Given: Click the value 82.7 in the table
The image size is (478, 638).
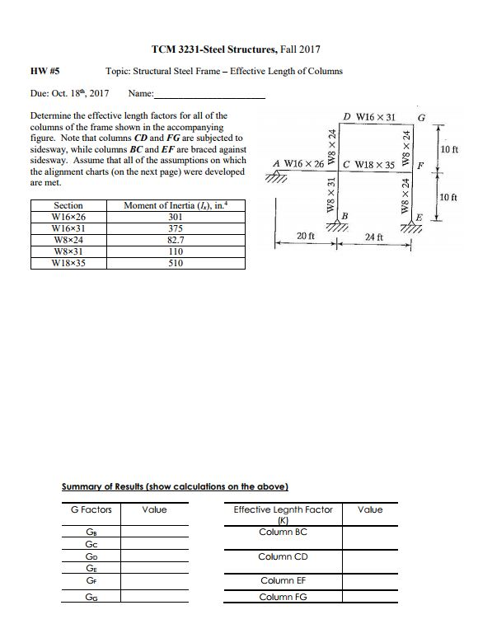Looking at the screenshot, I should tap(175, 241).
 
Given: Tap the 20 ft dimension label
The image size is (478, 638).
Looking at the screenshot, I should tap(305, 236).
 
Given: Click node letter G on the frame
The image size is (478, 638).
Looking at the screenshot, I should tap(422, 117).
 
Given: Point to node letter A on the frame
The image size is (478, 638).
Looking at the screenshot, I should tap(277, 163).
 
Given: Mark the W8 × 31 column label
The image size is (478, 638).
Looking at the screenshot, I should tap(331, 196).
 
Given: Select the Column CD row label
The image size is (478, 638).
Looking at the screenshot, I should tap(284, 556).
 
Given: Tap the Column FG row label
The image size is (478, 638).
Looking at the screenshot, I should tap(284, 596).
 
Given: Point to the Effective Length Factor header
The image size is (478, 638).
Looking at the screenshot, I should tap(284, 509).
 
